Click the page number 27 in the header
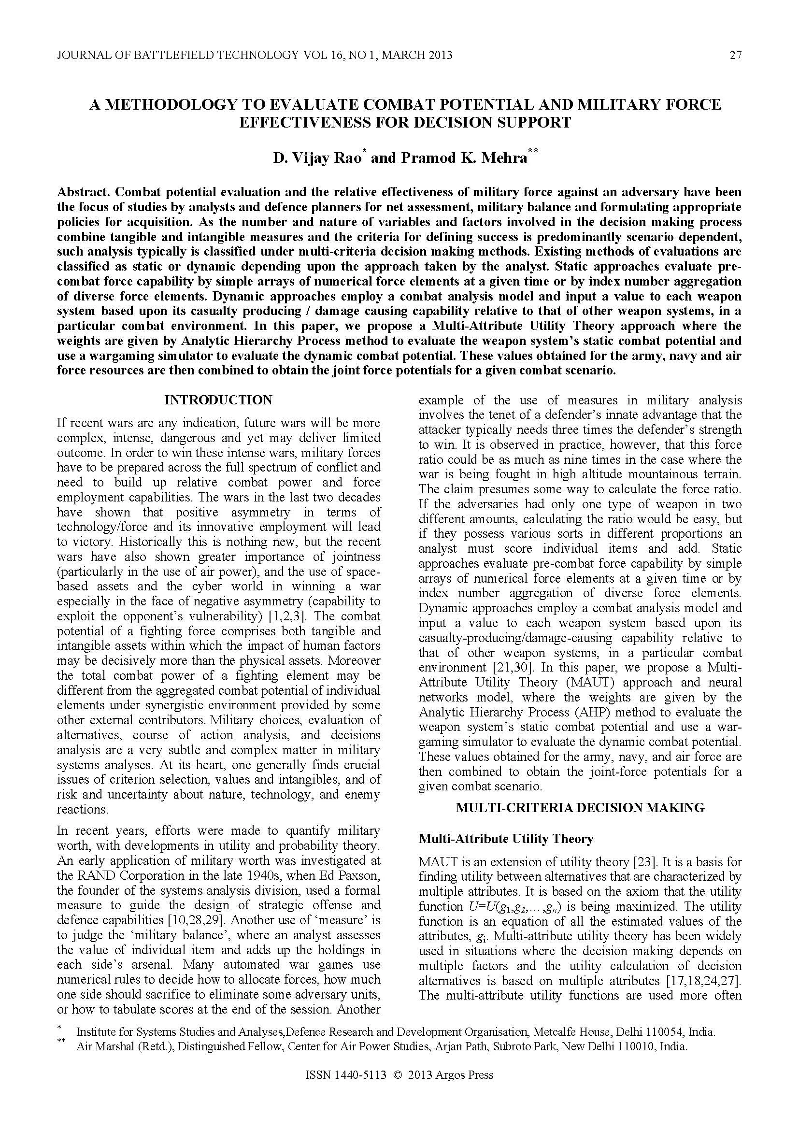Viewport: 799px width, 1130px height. click(x=735, y=55)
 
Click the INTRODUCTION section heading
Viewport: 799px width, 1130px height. click(x=218, y=400)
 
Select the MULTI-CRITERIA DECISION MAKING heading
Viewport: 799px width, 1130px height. click(x=580, y=808)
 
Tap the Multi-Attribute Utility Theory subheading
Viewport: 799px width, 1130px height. click(x=506, y=839)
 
